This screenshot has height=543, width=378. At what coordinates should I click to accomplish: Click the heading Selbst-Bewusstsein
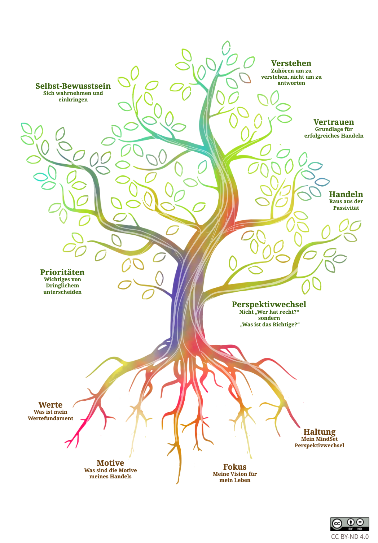pos(73,86)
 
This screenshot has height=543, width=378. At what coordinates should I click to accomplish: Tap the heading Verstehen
pos(291,64)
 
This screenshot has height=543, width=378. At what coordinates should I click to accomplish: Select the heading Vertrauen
pos(334,122)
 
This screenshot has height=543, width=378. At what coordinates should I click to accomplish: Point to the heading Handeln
pos(346,194)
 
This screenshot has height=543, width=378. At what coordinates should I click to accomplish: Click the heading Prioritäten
pos(62,272)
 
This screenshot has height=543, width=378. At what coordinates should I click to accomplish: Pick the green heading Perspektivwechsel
pos(269,304)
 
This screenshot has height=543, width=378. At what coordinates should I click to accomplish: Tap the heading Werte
pos(50,405)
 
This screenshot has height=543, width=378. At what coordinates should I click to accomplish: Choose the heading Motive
pos(110,463)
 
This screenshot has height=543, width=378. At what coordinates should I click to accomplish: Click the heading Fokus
pos(235,467)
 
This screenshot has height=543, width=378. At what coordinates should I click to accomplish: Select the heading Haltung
pos(319,432)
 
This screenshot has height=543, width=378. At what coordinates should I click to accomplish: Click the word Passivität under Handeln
pos(346,208)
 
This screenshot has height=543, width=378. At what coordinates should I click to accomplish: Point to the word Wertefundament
pos(50,418)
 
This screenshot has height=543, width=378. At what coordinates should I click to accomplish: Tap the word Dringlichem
pos(62,286)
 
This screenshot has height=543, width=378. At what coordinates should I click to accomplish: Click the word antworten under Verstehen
pos(291,83)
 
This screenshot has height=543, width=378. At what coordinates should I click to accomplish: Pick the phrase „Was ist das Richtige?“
pos(270,325)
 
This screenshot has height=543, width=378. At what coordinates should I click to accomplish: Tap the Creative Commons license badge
pos(350,524)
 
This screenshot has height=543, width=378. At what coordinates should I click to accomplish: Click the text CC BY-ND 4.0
pos(350,537)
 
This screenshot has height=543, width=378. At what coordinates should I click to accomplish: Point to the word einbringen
pos(73,100)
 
